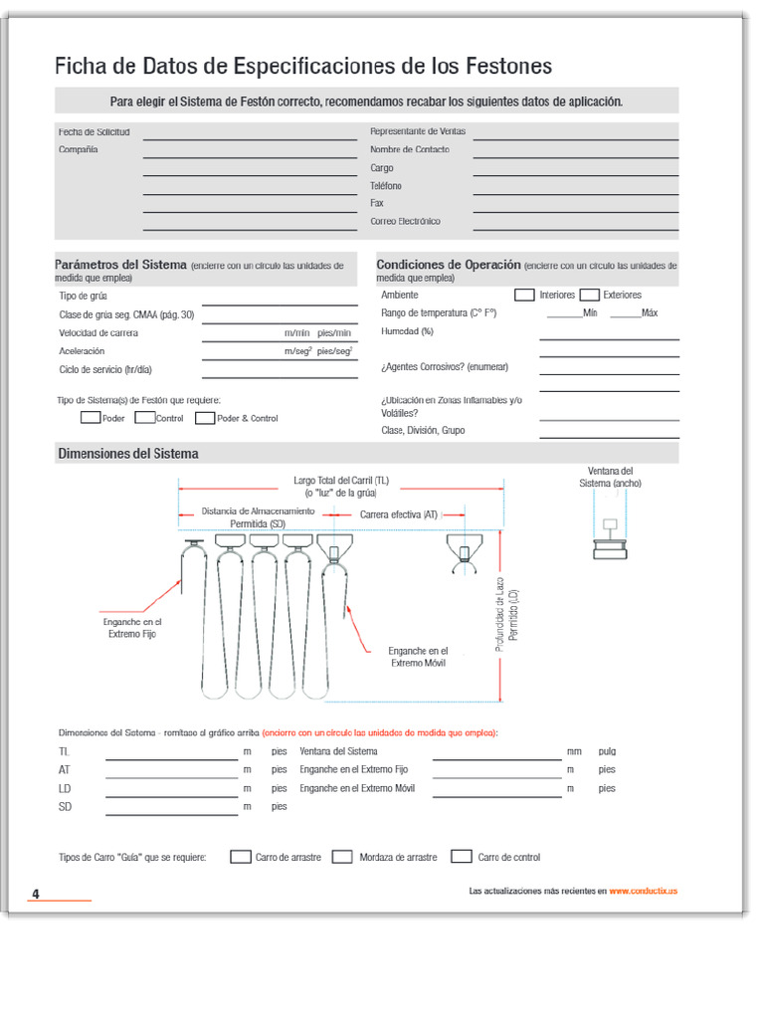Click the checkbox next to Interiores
point(524,295)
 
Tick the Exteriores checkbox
point(589,295)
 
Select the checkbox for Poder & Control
point(205,418)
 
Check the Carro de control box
point(461,856)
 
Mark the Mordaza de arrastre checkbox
point(342,856)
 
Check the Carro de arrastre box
point(240,856)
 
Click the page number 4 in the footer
point(35,893)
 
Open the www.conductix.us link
point(643,891)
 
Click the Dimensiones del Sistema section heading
point(128,454)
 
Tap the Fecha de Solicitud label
point(94,131)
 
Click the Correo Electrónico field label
point(405,221)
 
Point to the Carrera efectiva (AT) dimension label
point(398,514)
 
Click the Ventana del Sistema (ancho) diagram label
point(610,477)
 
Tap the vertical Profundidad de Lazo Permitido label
point(507,617)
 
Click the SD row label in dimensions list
point(65,807)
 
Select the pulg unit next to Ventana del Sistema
point(607,751)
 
